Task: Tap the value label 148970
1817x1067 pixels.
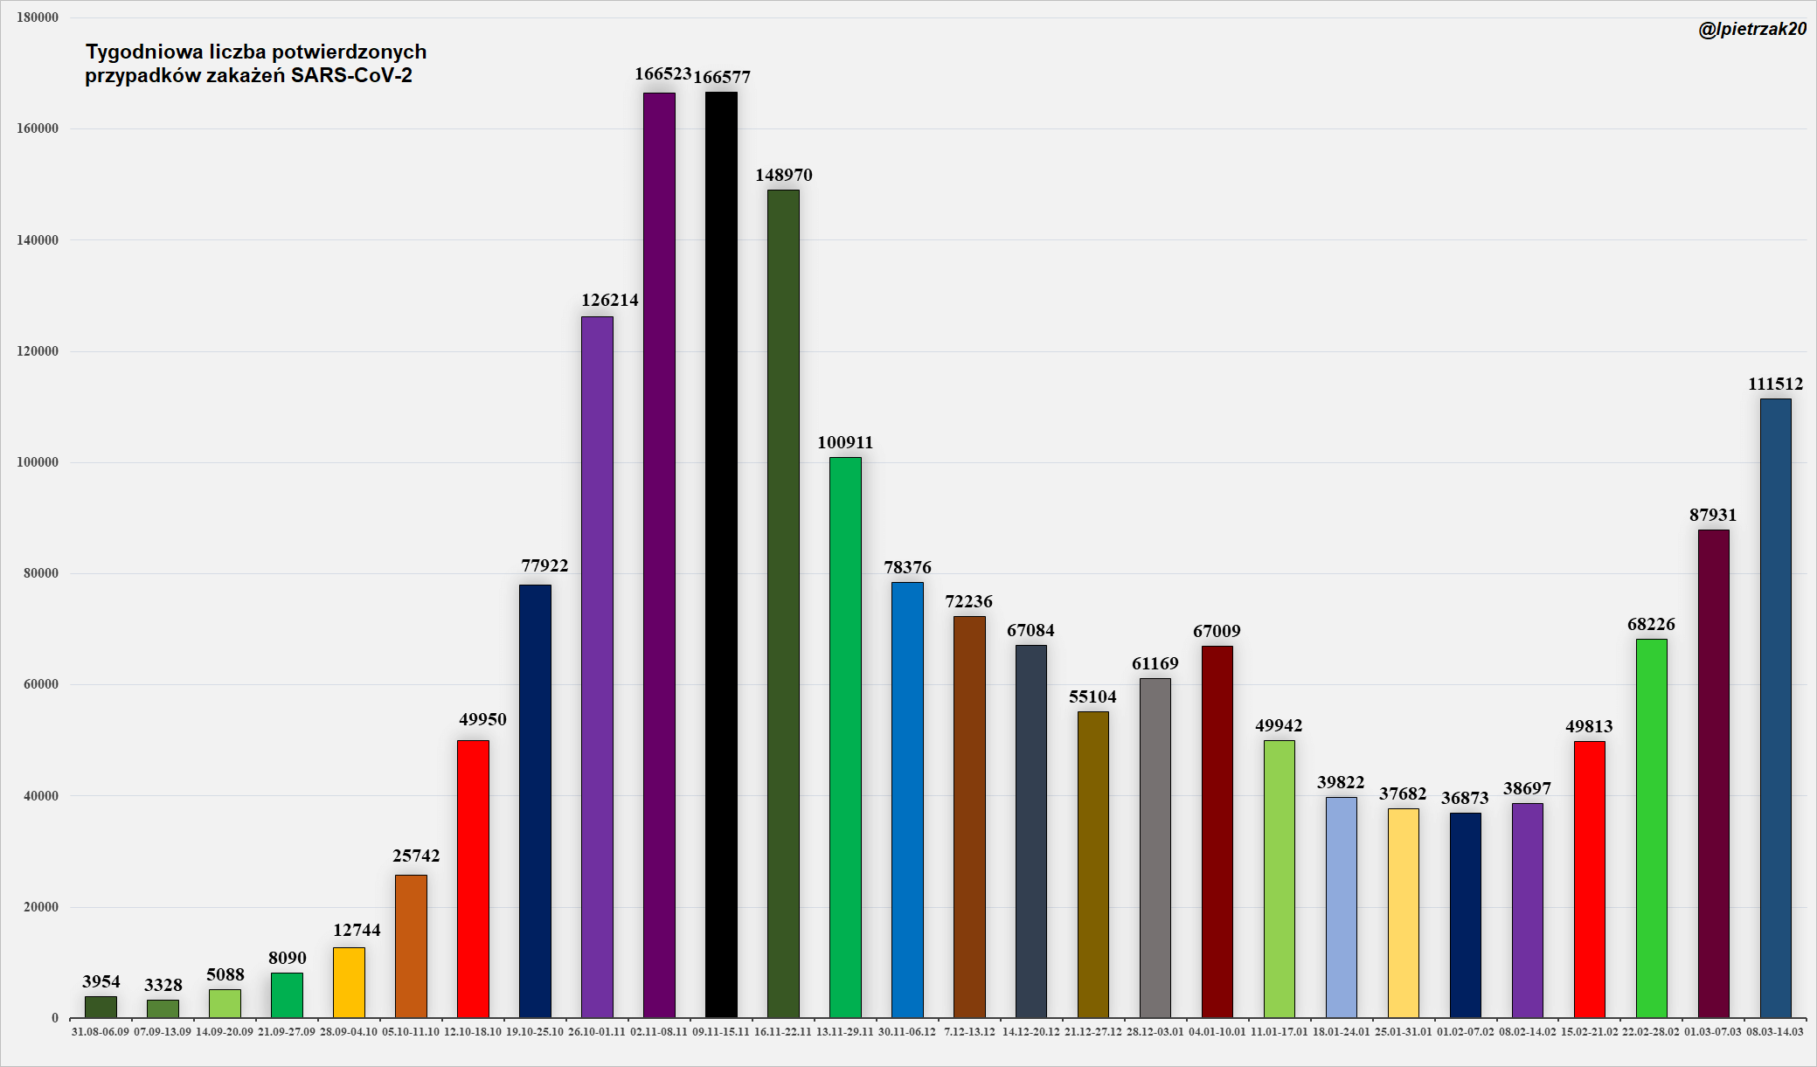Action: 784,175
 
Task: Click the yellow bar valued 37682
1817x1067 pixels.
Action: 1403,912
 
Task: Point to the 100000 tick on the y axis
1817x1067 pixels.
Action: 38,462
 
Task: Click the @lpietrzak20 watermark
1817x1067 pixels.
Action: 1751,29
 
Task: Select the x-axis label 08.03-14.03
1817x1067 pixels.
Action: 1775,1032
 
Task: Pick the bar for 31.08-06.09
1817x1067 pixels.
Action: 101,1007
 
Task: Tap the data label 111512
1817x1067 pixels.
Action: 1775,384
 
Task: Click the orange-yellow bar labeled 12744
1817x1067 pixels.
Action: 349,982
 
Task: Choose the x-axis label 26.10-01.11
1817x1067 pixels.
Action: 597,1032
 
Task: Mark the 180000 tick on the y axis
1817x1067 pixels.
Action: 38,17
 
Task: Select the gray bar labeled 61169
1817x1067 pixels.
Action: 1155,848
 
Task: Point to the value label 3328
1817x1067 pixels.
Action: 163,985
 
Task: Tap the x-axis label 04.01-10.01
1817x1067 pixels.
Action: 1217,1032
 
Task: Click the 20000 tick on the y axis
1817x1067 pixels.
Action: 41,907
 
